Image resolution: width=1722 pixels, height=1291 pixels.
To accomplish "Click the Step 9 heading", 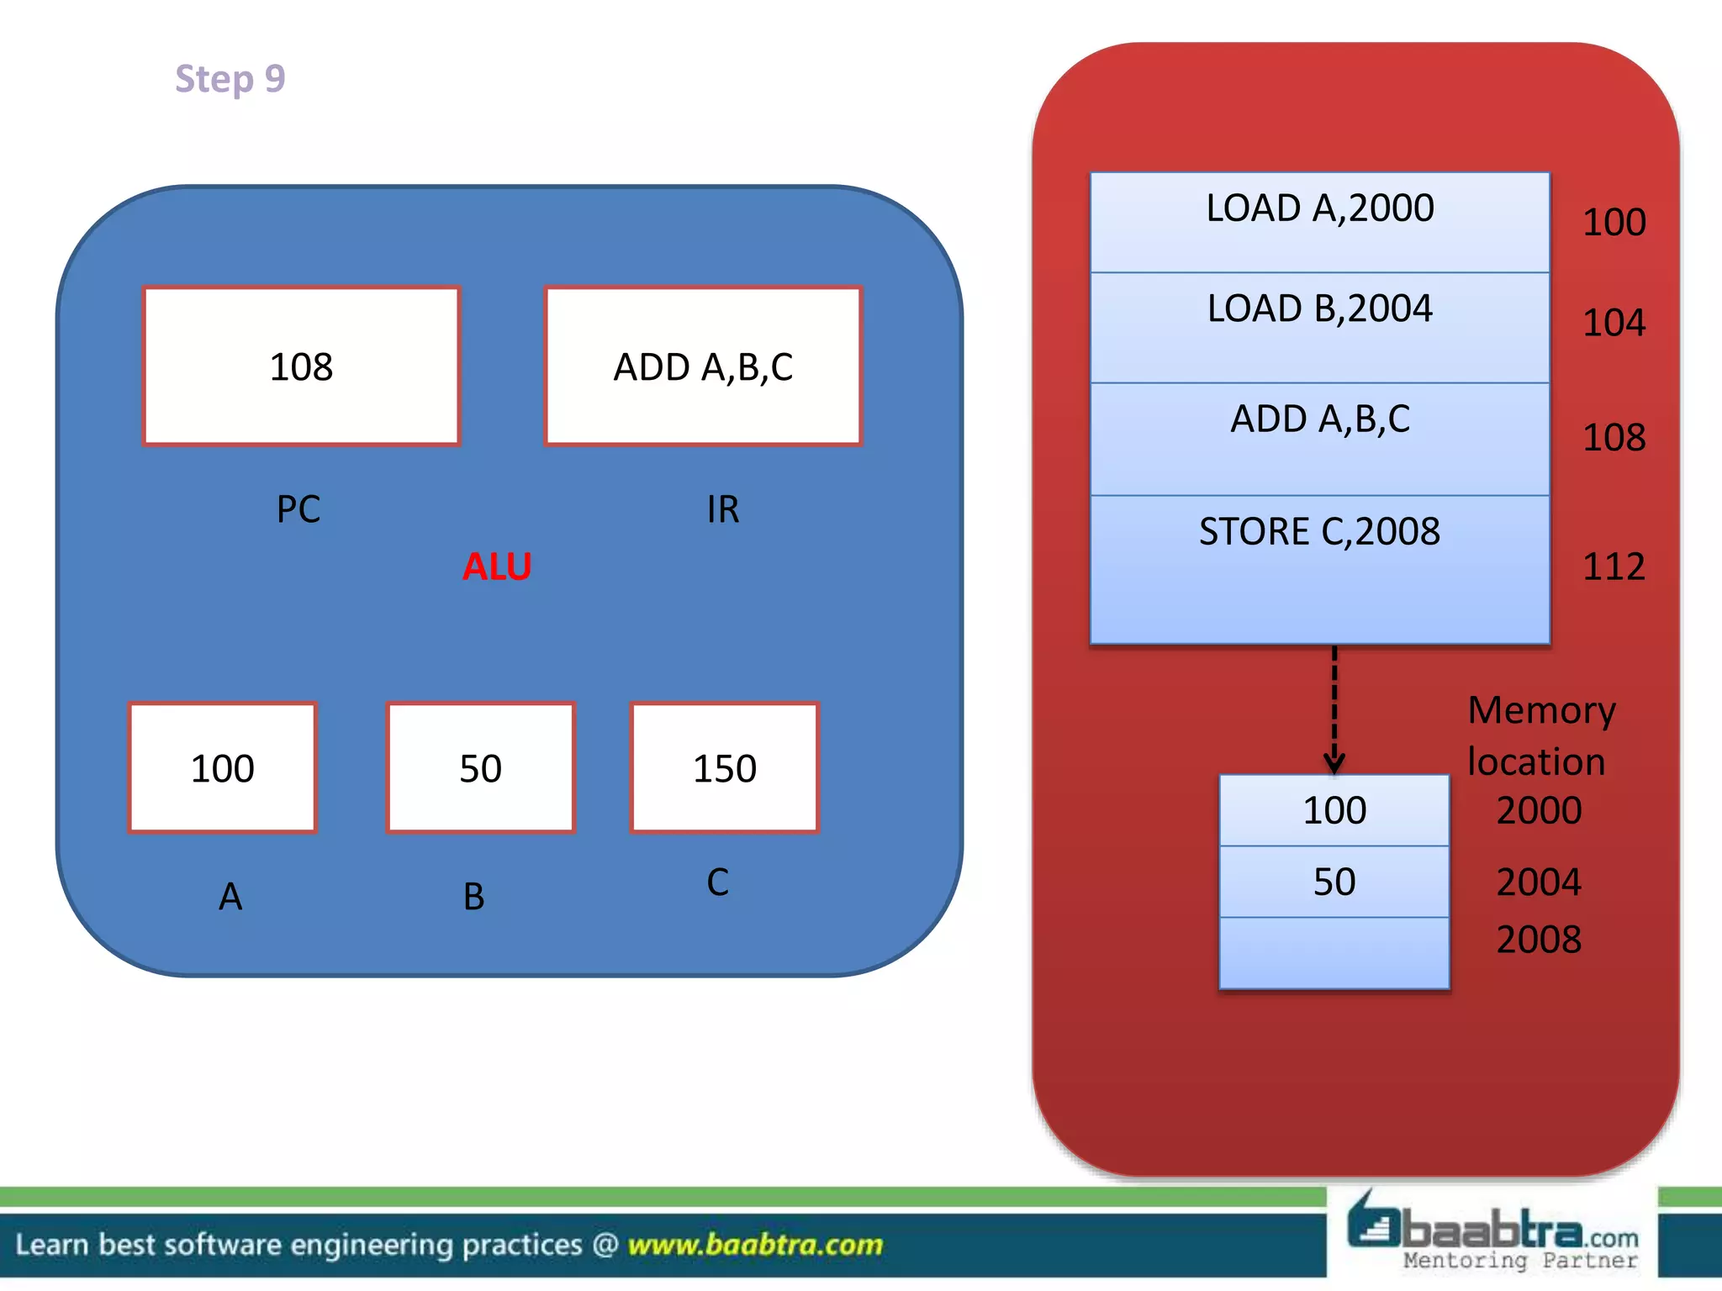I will pyautogui.click(x=230, y=79).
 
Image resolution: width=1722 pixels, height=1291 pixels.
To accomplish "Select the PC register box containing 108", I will pyautogui.click(x=302, y=366).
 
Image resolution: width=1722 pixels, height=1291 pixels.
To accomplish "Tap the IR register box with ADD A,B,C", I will pyautogui.click(x=703, y=366).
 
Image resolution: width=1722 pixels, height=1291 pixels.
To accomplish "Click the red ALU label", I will pyautogui.click(x=497, y=566).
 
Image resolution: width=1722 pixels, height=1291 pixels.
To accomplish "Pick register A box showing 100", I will pyautogui.click(x=223, y=768).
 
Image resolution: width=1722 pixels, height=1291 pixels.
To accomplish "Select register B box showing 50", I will pyautogui.click(x=480, y=768).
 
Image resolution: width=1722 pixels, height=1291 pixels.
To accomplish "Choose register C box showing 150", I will pyautogui.click(x=724, y=768).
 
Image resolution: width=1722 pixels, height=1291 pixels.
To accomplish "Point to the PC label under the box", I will pyautogui.click(x=298, y=509).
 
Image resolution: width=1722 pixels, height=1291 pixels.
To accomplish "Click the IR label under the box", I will pyautogui.click(x=723, y=509).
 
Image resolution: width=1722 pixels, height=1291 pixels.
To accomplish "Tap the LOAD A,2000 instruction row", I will pyautogui.click(x=1319, y=222).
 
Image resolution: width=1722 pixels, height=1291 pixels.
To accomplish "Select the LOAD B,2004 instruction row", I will pyautogui.click(x=1319, y=326).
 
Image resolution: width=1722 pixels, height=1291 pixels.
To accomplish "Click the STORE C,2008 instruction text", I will pyautogui.click(x=1319, y=532).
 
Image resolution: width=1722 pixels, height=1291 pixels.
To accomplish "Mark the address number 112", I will pyautogui.click(x=1614, y=566).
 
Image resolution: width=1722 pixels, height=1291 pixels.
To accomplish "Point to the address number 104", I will pyautogui.click(x=1614, y=323).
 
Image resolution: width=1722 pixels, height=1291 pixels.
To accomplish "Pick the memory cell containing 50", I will pyautogui.click(x=1334, y=882).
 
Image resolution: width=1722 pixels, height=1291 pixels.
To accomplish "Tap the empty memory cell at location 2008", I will pyautogui.click(x=1334, y=953).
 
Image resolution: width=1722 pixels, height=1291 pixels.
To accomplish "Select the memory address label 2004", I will pyautogui.click(x=1539, y=882).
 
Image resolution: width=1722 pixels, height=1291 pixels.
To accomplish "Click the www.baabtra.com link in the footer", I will pyautogui.click(x=755, y=1245).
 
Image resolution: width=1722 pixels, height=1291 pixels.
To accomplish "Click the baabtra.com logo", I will pyautogui.click(x=1492, y=1233).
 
